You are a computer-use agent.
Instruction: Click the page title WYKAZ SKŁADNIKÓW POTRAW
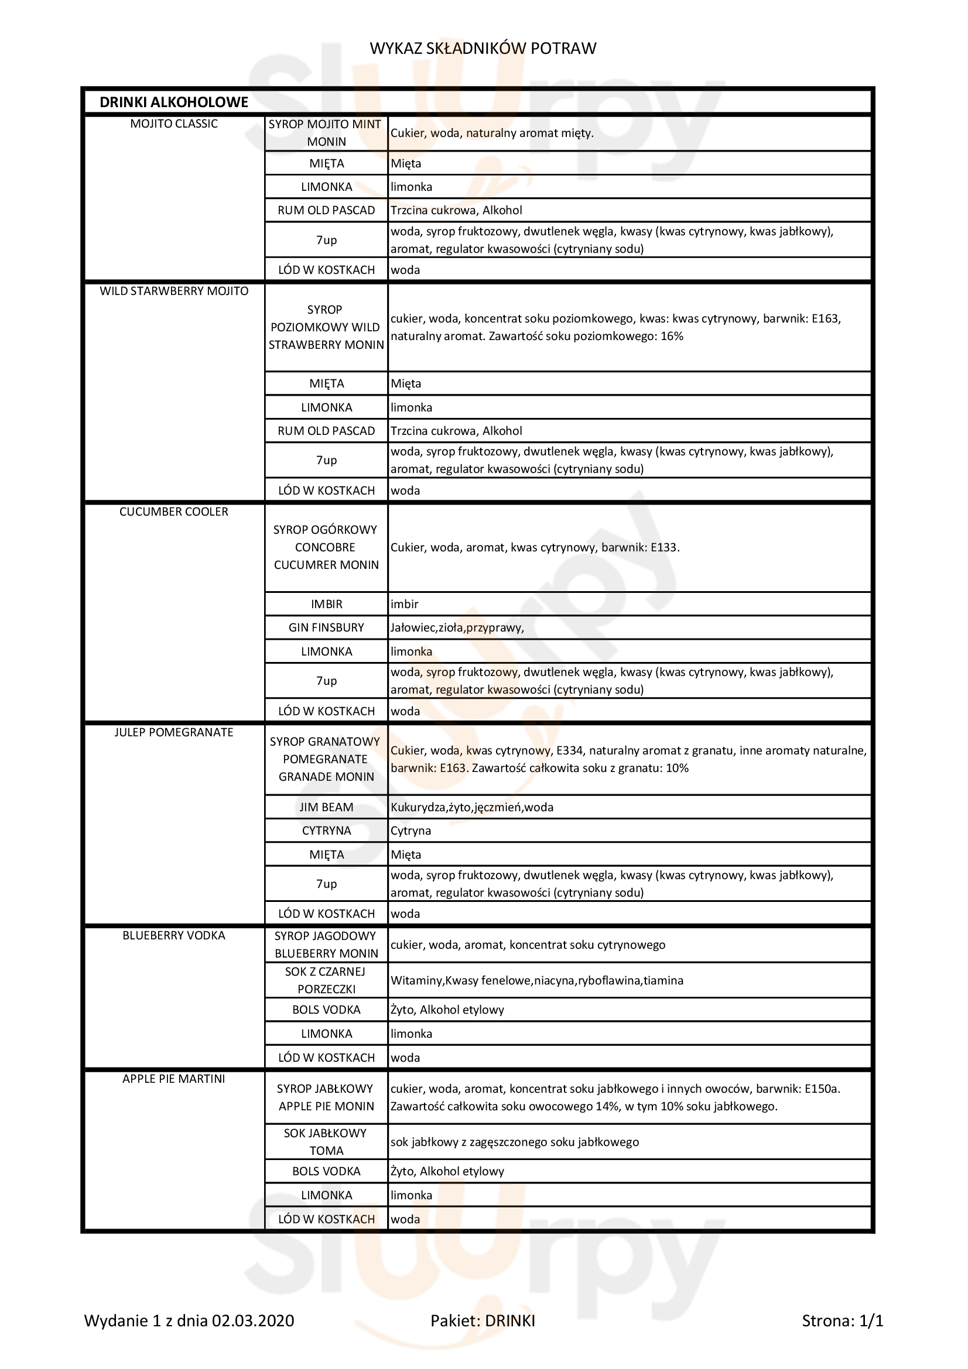tap(483, 49)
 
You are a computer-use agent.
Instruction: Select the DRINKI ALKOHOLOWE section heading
tap(173, 102)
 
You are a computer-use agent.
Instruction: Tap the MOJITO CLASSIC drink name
tap(173, 124)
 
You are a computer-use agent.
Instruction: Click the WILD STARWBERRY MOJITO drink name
tap(173, 291)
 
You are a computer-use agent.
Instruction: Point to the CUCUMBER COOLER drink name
tap(173, 512)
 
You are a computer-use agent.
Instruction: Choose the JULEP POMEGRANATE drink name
tap(173, 732)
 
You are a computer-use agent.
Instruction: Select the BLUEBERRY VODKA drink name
tap(173, 935)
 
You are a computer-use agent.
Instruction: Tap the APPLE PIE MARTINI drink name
tap(173, 1079)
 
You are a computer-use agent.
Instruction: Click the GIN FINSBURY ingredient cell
tap(326, 627)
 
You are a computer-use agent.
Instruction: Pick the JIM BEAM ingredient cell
tap(326, 807)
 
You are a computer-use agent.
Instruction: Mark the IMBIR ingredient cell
tap(326, 604)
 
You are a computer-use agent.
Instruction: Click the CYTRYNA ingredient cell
tap(326, 831)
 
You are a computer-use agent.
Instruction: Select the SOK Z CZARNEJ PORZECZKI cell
tap(326, 980)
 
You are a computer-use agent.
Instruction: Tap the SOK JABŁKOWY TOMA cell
tap(326, 1142)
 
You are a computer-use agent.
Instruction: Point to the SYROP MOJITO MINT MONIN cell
tap(326, 133)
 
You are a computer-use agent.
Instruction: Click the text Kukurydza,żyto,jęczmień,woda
tap(472, 807)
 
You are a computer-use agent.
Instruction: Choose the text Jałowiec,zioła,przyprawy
tap(457, 627)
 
